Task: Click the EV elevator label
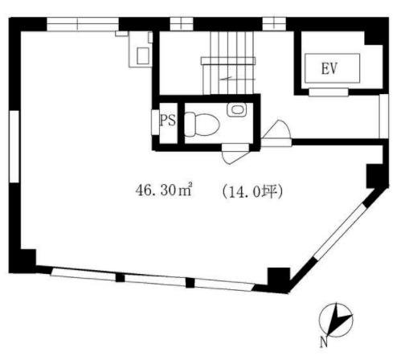(x=329, y=68)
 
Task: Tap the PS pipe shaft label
(x=168, y=120)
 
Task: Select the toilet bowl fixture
(x=202, y=125)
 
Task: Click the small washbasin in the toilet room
(x=237, y=109)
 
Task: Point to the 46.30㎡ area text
(x=164, y=190)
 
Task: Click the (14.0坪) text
(x=252, y=192)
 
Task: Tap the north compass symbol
(x=336, y=320)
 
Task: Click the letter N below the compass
(x=324, y=342)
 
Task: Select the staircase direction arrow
(x=226, y=78)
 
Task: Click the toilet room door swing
(x=235, y=154)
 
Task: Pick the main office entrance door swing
(x=276, y=133)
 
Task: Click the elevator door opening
(x=329, y=92)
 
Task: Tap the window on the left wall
(x=14, y=146)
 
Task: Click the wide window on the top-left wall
(x=83, y=24)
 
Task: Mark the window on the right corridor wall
(x=384, y=117)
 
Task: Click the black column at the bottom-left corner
(x=22, y=261)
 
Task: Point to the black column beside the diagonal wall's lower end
(x=279, y=279)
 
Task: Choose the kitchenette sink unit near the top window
(x=141, y=49)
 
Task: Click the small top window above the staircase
(x=182, y=24)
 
